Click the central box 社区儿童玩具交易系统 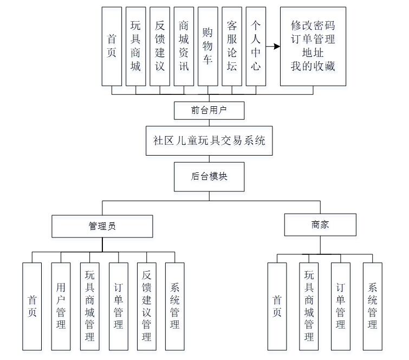pos(210,141)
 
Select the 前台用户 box pos(209,110)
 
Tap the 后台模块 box pos(209,177)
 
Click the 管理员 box pos(102,226)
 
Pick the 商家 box pos(320,224)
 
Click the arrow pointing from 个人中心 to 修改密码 pos(273,47)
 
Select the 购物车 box pos(207,47)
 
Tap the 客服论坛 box pos(232,47)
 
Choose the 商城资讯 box pos(184,47)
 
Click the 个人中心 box pos(256,47)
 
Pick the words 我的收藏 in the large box pos(313,67)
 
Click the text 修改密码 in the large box pos(313,25)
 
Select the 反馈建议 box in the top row pos(160,47)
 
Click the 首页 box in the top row pos(112,47)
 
